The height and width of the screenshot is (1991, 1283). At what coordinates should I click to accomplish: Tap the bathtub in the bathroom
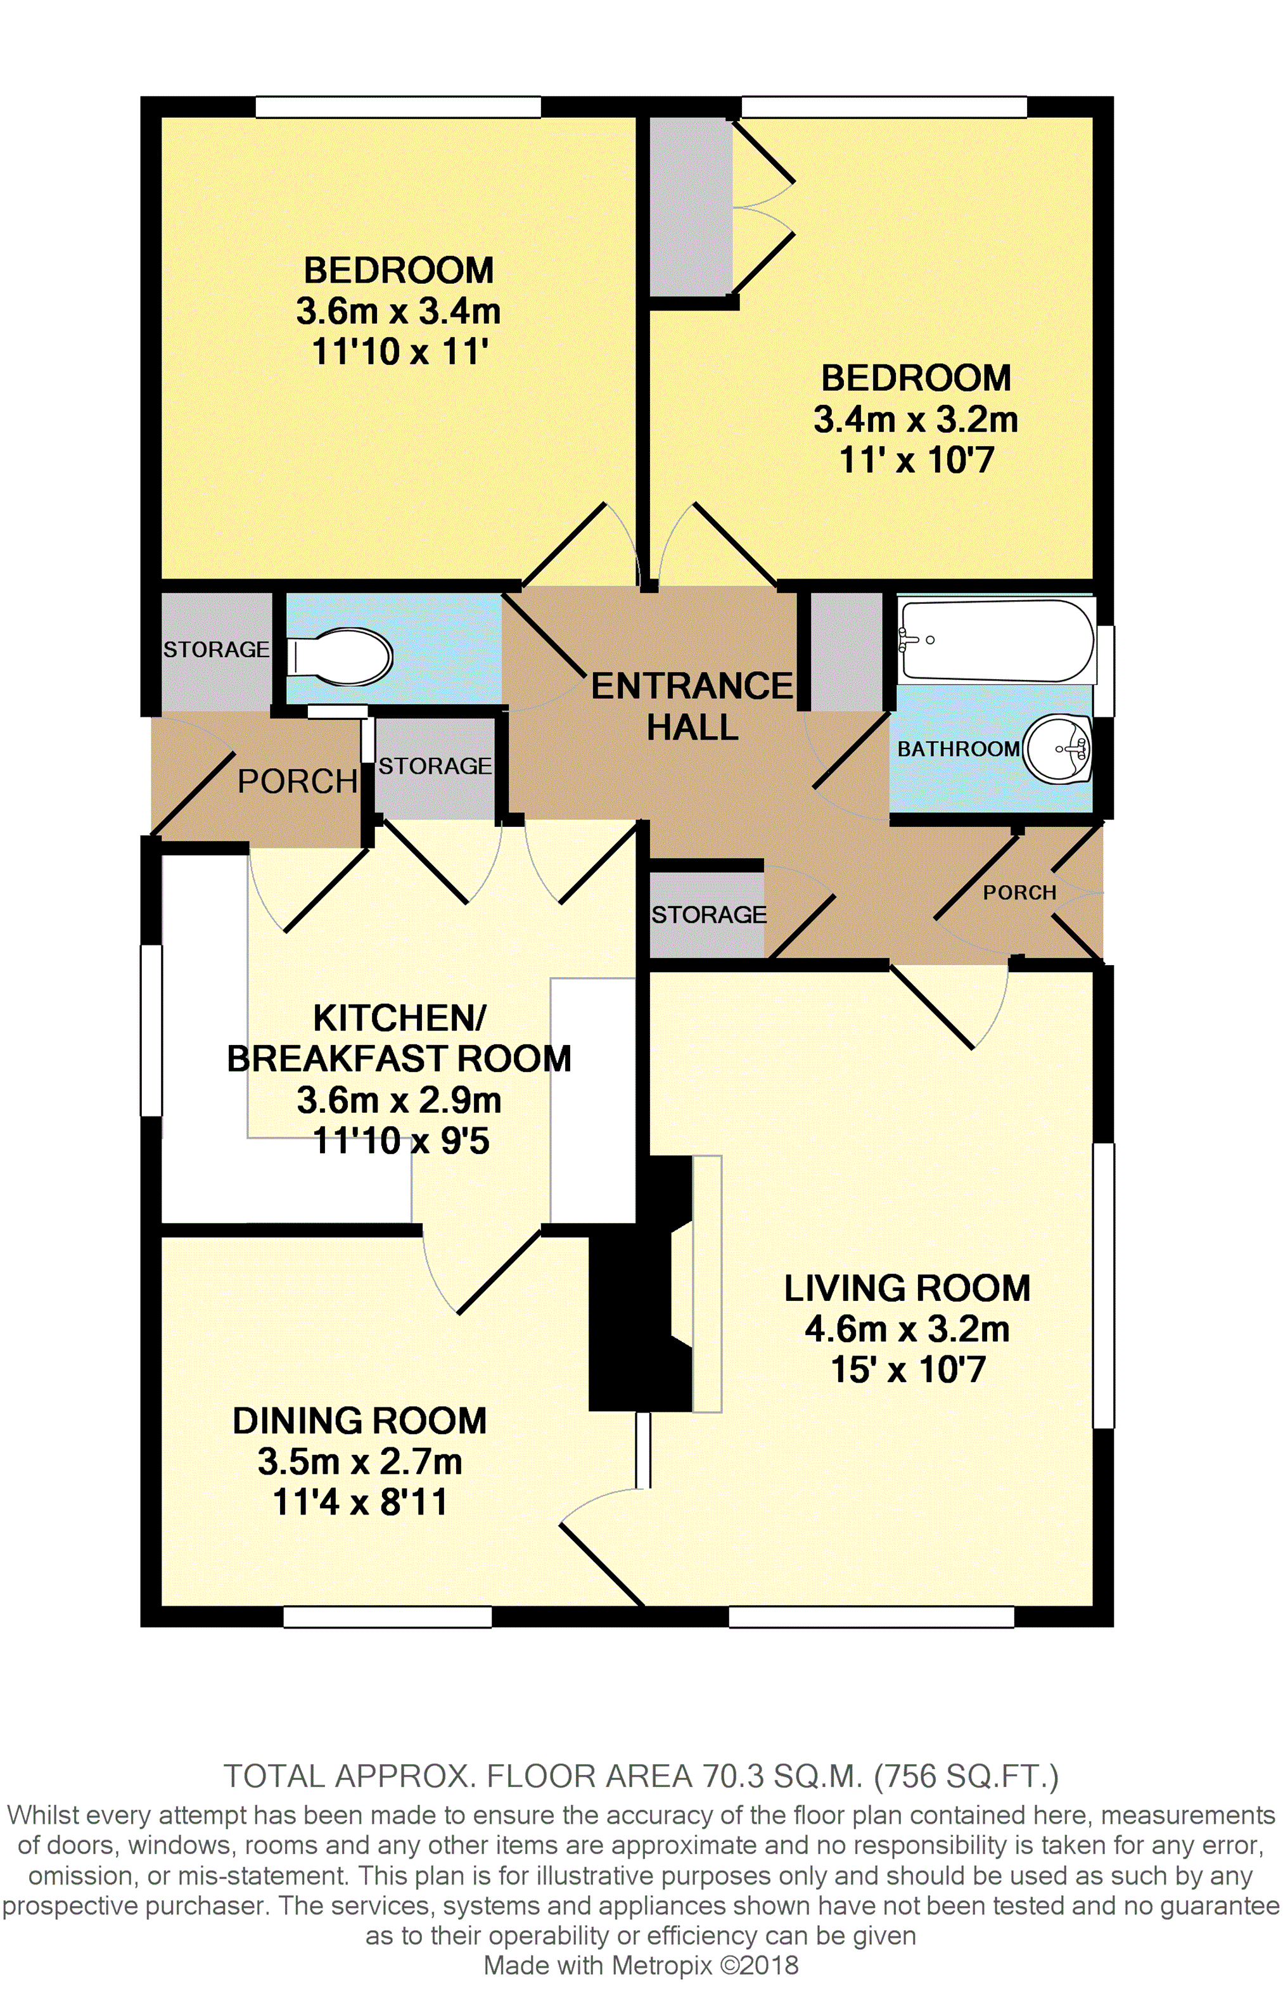tap(997, 641)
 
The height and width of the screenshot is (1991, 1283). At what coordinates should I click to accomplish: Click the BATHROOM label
tap(958, 749)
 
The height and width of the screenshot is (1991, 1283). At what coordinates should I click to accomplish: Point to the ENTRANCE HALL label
tap(693, 707)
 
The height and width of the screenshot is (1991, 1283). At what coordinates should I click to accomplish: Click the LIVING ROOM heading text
tap(907, 1288)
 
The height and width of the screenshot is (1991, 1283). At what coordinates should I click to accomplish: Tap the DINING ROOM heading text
tap(360, 1420)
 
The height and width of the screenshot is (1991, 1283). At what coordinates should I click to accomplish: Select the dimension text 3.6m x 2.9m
tap(399, 1099)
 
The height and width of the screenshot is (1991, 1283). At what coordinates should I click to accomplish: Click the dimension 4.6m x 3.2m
tap(907, 1329)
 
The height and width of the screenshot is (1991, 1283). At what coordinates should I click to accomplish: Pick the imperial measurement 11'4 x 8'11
tap(360, 1502)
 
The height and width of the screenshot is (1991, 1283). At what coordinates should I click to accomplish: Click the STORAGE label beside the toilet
tap(217, 649)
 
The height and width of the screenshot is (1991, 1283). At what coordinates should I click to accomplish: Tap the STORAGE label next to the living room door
tap(709, 914)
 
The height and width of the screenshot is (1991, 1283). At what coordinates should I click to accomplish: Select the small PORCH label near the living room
tap(1019, 892)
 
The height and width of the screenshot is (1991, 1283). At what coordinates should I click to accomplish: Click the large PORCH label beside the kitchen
tap(297, 781)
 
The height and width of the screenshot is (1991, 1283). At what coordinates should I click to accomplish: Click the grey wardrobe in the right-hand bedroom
tap(691, 206)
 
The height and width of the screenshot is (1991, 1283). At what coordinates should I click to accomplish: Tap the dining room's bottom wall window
tap(387, 1616)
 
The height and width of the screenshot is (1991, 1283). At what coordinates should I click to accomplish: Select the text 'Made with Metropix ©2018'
tap(641, 1965)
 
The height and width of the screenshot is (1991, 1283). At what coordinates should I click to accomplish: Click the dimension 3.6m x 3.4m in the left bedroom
tap(399, 310)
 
